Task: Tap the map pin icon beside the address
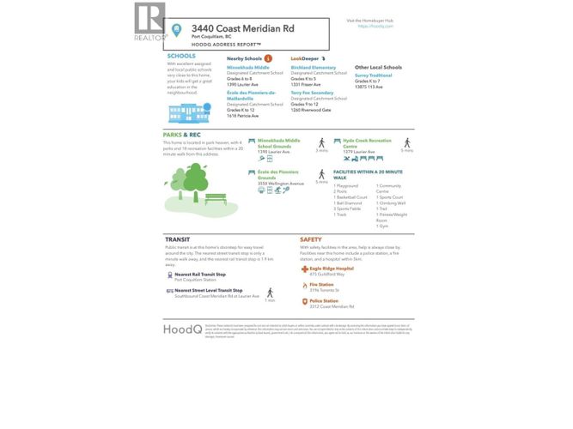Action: pos(177,30)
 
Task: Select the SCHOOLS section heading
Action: pos(180,57)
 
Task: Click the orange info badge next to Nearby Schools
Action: pos(268,57)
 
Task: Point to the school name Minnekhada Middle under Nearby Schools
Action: pos(248,66)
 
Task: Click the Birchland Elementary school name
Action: pos(313,66)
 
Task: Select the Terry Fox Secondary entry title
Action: pos(310,93)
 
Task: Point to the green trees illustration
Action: pos(188,180)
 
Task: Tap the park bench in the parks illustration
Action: pos(216,199)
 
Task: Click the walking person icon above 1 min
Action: pos(270,293)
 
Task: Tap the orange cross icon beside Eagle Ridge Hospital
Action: pos(304,269)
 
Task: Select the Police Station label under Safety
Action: pos(323,301)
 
